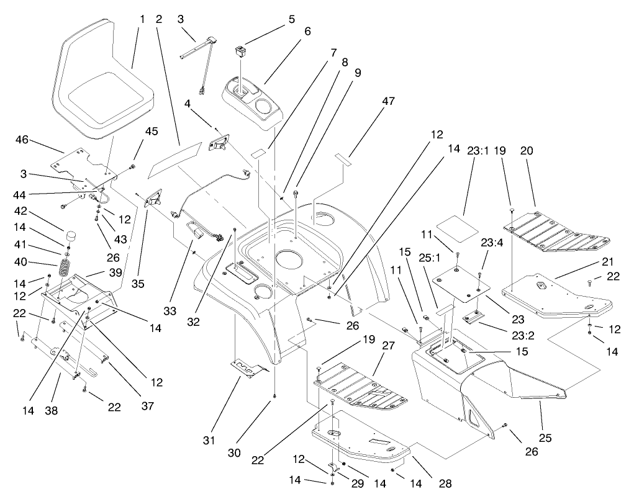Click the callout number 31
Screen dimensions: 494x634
pyautogui.click(x=209, y=440)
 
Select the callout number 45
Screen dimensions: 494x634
pyautogui.click(x=152, y=131)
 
